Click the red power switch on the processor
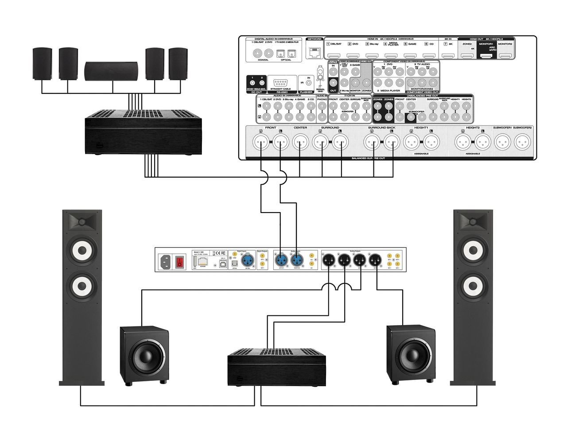coord(179,261)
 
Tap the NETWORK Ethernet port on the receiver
coord(315,53)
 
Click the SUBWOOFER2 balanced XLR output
coord(523,143)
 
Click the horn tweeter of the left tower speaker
coord(83,221)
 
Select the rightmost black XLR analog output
coord(376,260)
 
